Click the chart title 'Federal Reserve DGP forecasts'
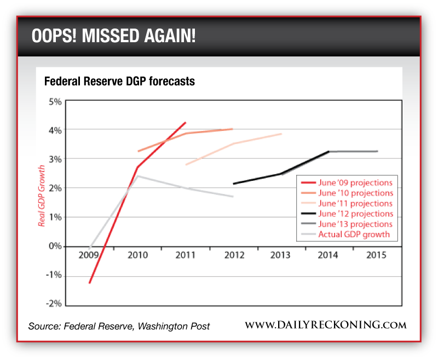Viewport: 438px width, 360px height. (x=119, y=82)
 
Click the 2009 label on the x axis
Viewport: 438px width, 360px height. (x=88, y=255)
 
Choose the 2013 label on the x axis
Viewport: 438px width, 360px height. (x=280, y=255)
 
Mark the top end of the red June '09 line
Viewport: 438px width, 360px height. (x=185, y=123)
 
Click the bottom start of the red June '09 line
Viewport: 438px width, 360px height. (x=89, y=283)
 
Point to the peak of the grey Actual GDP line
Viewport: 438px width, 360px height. (x=137, y=176)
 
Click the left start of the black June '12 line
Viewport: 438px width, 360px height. (x=233, y=184)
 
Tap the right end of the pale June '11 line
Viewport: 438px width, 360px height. (x=281, y=134)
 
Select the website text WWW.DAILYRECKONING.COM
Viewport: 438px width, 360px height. (x=325, y=325)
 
